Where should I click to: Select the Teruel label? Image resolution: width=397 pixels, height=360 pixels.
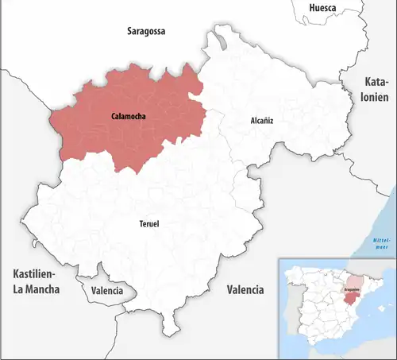[148, 224]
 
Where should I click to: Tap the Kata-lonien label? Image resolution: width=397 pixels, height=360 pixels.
[377, 91]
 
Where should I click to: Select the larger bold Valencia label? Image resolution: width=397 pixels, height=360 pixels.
[245, 290]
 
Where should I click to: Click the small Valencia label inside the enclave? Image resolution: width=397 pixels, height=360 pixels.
[107, 291]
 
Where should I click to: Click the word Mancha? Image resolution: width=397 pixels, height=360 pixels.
[37, 290]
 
